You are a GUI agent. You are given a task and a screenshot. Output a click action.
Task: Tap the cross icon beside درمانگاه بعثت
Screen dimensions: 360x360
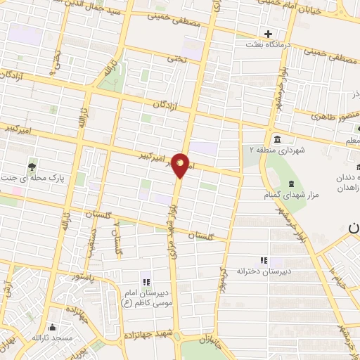point(268,34)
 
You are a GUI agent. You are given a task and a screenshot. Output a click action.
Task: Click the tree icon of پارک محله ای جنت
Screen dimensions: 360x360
point(32,167)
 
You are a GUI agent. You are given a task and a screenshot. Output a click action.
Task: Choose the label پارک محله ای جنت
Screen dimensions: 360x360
point(42,179)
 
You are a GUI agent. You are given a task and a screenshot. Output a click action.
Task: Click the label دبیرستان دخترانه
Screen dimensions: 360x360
point(264,271)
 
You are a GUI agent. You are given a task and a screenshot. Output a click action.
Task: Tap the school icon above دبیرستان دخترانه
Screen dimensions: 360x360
point(264,260)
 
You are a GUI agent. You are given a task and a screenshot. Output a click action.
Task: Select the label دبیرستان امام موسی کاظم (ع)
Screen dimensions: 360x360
point(148,297)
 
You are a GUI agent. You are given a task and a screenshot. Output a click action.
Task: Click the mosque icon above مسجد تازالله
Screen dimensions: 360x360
point(51,328)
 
